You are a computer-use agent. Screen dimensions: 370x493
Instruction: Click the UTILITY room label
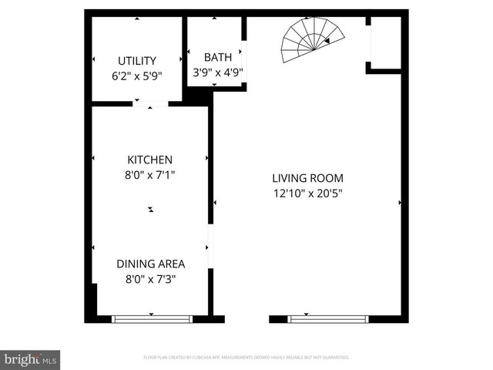pos(137,61)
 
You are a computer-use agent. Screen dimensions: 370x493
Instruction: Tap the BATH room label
pos(217,57)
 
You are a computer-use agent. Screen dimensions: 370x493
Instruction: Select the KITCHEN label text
pos(149,160)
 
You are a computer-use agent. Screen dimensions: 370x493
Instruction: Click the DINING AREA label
pos(150,264)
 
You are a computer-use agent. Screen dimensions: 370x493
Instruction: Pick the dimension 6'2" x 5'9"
pos(137,76)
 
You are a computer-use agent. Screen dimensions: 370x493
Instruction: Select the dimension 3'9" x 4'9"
pos(217,73)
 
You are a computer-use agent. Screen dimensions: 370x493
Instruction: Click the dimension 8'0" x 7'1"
pos(149,175)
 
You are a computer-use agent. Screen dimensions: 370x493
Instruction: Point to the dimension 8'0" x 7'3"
pos(150,279)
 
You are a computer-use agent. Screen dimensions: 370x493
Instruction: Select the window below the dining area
pos(152,318)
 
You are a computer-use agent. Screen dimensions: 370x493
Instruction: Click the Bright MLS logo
pos(31,359)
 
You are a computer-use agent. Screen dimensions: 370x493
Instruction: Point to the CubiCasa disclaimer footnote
pos(246,358)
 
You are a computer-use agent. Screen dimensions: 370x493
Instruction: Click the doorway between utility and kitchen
pos(149,103)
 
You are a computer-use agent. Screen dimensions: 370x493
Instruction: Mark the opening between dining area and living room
pos(210,247)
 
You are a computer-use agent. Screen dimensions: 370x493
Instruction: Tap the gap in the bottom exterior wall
pos(246,318)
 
